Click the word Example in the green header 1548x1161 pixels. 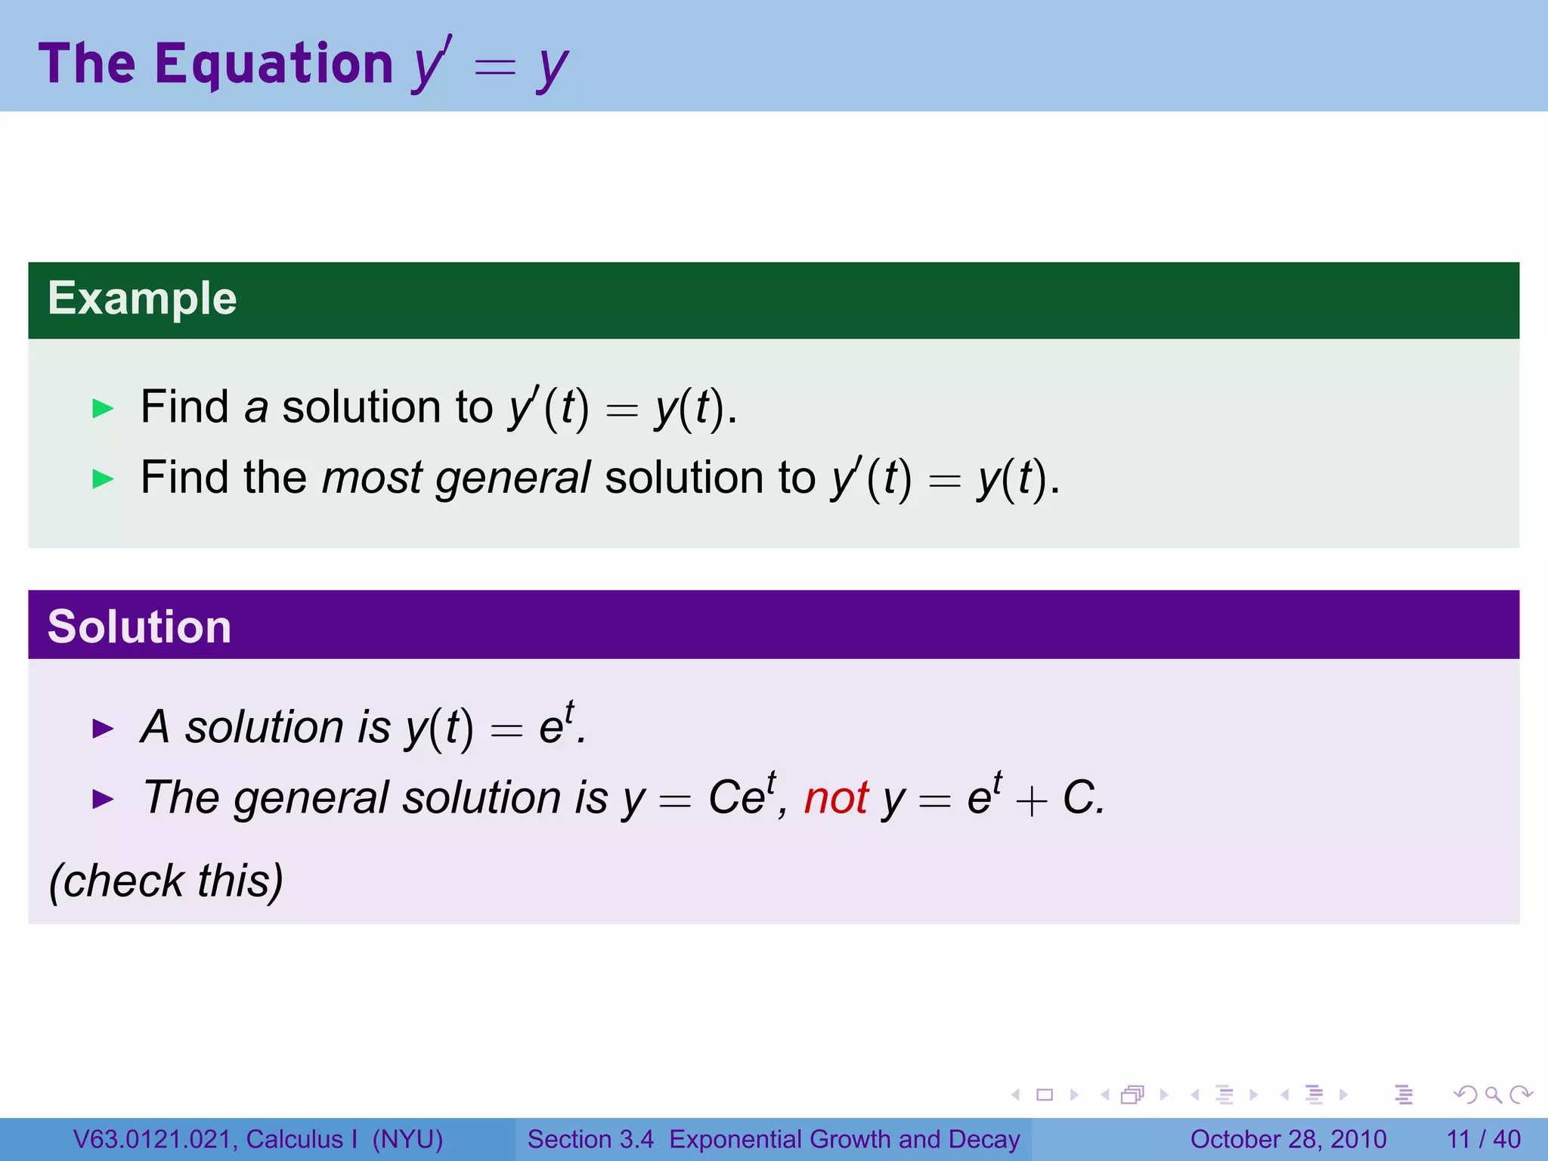(x=142, y=299)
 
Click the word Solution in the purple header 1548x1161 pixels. (x=139, y=627)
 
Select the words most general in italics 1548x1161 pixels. (x=456, y=478)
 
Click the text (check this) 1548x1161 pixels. (x=166, y=881)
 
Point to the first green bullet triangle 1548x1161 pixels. (x=103, y=409)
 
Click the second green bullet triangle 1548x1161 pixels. (x=103, y=479)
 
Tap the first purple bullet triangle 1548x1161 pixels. (x=103, y=729)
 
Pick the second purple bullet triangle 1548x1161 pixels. (x=103, y=799)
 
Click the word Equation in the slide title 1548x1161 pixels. (x=274, y=63)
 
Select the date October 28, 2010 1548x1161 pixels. (x=1288, y=1139)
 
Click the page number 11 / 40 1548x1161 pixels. (x=1483, y=1139)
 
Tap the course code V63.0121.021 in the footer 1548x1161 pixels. (x=155, y=1139)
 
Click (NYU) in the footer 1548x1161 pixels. (x=407, y=1139)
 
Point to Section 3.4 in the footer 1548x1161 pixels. (x=590, y=1139)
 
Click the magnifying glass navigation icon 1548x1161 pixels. (x=1493, y=1094)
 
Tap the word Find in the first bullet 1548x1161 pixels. (x=184, y=407)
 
